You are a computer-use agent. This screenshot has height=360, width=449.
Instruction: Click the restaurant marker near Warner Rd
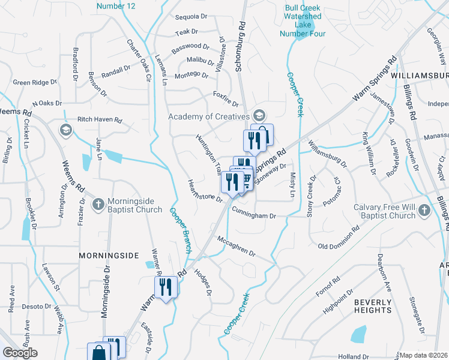[165, 287]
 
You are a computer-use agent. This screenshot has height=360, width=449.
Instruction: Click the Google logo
[20, 353]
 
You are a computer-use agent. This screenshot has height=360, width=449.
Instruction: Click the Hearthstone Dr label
[205, 190]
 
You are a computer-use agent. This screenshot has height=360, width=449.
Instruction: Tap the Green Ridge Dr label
[35, 82]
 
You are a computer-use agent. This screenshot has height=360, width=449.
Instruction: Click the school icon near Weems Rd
[65, 130]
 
